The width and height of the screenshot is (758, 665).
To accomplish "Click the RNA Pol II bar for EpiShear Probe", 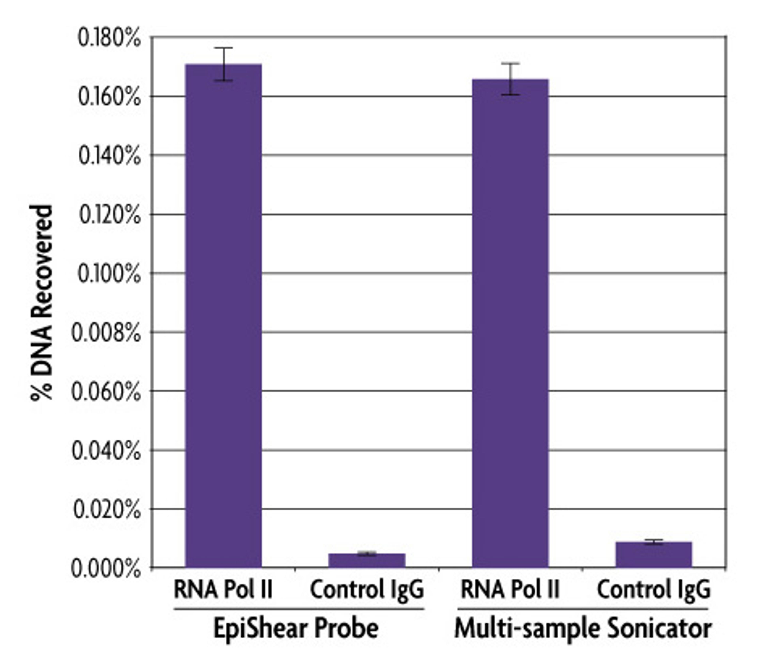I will click(223, 315).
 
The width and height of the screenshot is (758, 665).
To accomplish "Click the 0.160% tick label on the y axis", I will click(109, 97).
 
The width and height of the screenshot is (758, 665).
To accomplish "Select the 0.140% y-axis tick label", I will click(109, 156).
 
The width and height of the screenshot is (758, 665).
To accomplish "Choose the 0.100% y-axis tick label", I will click(109, 274).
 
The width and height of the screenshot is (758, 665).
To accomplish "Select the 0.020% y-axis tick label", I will click(107, 509).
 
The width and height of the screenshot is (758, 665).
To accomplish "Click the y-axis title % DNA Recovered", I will click(41, 302).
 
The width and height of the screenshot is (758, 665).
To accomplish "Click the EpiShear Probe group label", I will click(296, 628).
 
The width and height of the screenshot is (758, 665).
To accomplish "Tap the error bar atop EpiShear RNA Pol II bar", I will click(223, 64).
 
